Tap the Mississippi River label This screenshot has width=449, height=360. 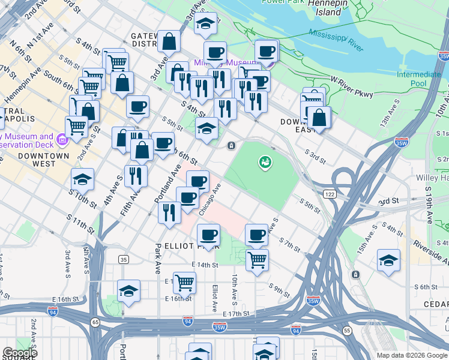coord(336,39)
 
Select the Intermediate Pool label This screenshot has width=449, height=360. coord(418,79)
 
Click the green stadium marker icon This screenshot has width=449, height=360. coord(264,161)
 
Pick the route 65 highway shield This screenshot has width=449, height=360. coord(95,322)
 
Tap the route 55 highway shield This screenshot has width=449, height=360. coord(346,331)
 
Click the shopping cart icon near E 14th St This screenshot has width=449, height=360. coord(257,260)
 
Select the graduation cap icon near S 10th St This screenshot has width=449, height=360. coord(82,179)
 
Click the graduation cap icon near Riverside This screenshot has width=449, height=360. coord(388,260)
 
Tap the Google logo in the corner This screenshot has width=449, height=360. coord(20,353)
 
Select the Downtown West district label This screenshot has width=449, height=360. coord(51,160)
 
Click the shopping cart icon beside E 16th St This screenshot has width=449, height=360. coord(184,281)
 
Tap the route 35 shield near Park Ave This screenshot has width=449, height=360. coord(124,259)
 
